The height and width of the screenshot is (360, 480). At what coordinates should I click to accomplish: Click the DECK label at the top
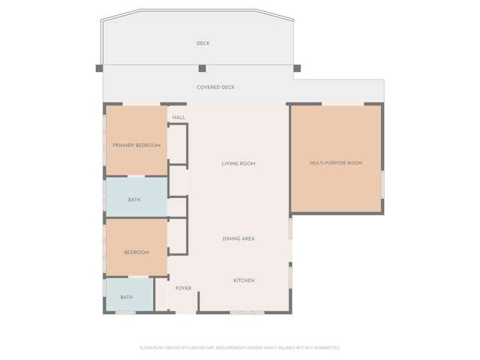pos(203,43)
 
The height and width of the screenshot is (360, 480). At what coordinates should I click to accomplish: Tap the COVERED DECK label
pos(215,88)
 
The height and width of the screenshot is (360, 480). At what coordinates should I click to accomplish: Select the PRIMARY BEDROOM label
pos(136,145)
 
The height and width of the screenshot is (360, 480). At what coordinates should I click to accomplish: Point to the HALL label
pos(178,118)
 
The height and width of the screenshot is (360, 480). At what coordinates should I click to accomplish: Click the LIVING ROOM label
pos(238,163)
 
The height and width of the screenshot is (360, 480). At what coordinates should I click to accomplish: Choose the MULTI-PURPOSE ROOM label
pos(336,163)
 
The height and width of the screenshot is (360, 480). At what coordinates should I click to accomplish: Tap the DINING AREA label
pos(238,238)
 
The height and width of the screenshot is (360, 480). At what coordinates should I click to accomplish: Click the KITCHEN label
pos(244,280)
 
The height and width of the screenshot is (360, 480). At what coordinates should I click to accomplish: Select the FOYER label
pos(184,288)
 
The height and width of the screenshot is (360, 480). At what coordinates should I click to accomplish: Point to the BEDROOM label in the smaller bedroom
pos(136,253)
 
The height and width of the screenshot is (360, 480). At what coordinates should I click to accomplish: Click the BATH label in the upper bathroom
pos(134,199)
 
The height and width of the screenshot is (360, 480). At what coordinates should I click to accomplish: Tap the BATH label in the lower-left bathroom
pos(127,297)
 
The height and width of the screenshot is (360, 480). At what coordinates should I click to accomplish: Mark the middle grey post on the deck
pos(202,68)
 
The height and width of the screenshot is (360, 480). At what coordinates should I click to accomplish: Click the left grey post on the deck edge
pos(99,68)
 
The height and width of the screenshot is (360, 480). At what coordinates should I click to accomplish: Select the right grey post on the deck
pos(297,68)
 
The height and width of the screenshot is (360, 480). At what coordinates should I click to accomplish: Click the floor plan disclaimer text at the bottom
pos(240,347)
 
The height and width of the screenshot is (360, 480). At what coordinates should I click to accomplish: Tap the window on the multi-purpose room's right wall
pos(382,184)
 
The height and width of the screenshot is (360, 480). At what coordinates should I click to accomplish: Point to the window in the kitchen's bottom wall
pos(247,312)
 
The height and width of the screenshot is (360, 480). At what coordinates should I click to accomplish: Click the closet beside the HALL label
pos(177,145)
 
